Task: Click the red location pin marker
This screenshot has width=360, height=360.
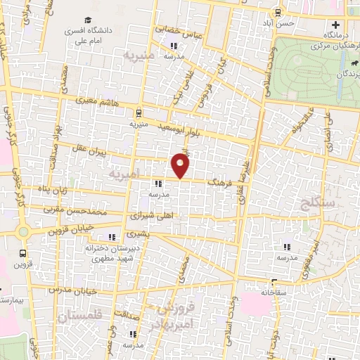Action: (x=181, y=165)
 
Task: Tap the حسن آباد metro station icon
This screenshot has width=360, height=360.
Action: (x=278, y=12)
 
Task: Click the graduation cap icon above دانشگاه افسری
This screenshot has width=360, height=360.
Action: (x=88, y=20)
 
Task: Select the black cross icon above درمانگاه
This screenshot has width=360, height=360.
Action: (x=336, y=25)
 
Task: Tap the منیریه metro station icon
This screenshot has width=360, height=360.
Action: (x=139, y=112)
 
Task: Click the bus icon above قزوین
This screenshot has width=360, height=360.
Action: (x=24, y=252)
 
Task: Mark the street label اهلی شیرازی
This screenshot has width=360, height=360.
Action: (x=146, y=218)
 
